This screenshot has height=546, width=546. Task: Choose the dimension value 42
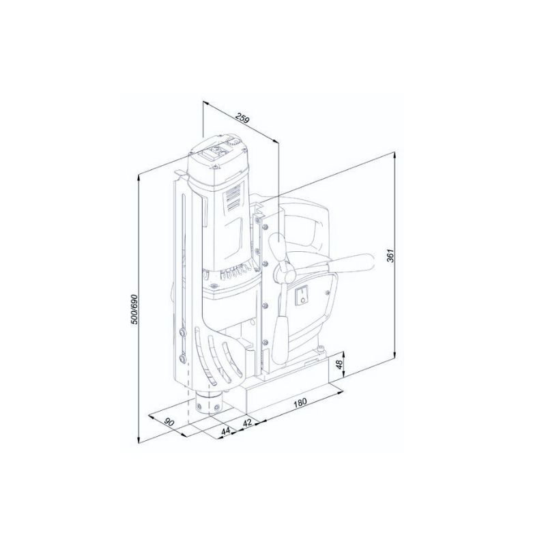[248, 423]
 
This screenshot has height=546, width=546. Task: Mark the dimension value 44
[226, 431]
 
